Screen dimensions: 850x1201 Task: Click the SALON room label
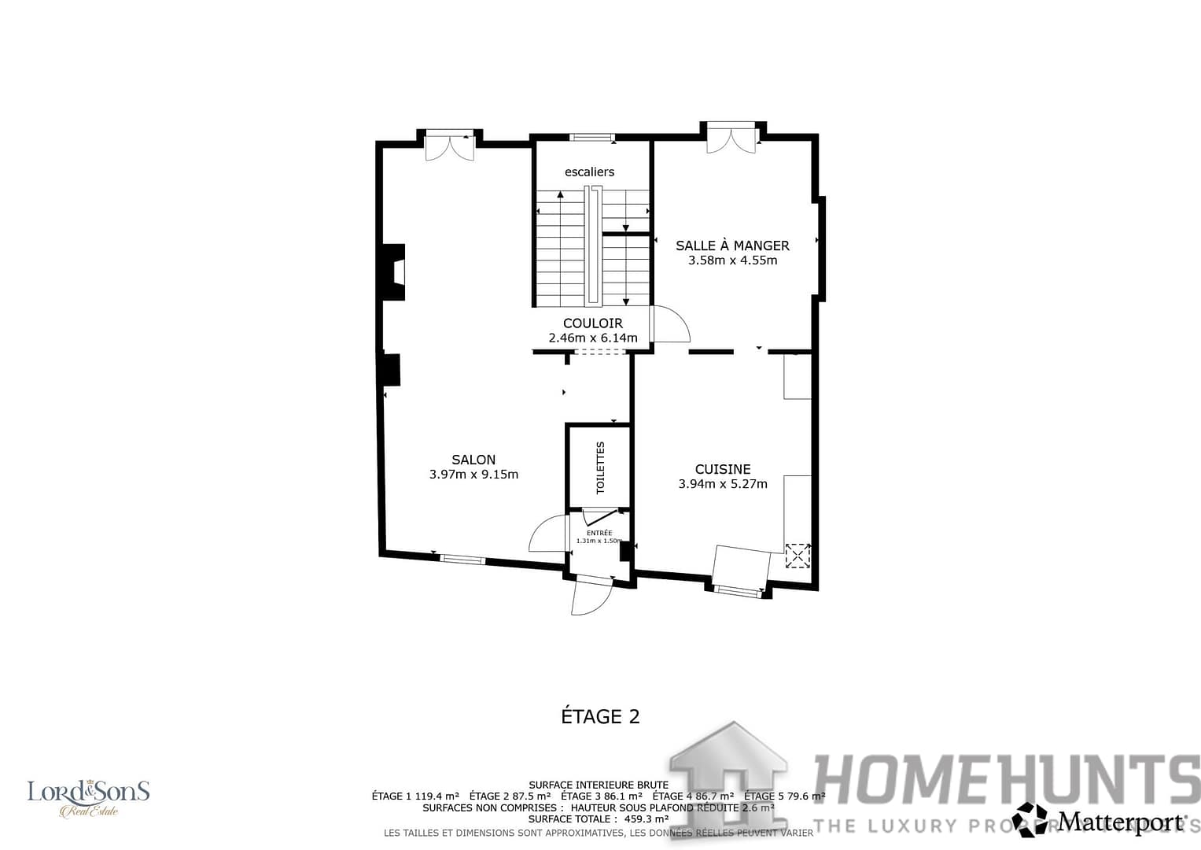click(x=473, y=460)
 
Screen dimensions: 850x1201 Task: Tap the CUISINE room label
click(x=723, y=469)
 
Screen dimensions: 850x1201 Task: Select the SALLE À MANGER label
click(x=732, y=246)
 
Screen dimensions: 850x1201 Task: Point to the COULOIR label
click(x=593, y=323)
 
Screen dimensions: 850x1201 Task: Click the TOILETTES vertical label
click(x=600, y=468)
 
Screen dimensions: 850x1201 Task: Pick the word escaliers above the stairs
click(x=589, y=172)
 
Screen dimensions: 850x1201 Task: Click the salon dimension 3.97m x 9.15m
click(x=473, y=475)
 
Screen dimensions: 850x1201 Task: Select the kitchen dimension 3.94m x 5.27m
click(x=723, y=484)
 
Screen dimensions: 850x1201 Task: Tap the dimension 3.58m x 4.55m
click(x=732, y=261)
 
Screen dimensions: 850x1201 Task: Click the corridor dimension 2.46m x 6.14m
click(x=593, y=338)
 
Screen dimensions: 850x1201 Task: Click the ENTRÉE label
click(x=599, y=533)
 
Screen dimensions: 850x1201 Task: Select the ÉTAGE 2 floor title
click(x=600, y=716)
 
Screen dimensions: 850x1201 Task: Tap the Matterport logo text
click(x=1120, y=822)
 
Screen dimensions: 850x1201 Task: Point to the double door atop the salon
click(x=450, y=147)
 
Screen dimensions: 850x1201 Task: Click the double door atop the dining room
click(x=731, y=139)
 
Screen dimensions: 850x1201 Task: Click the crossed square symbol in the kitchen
click(x=798, y=555)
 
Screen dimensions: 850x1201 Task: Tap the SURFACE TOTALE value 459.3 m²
click(x=646, y=819)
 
